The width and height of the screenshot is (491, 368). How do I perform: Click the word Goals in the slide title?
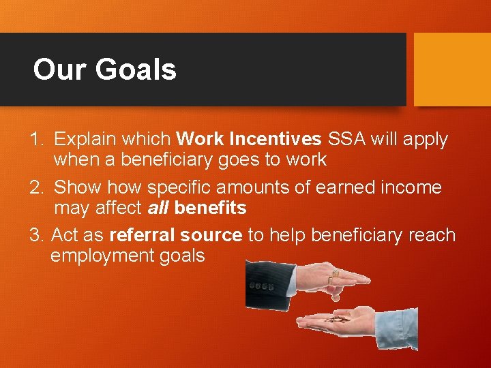pos(136,70)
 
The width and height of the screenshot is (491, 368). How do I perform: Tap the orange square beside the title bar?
pos(452,70)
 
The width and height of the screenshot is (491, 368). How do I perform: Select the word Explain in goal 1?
pos(85,140)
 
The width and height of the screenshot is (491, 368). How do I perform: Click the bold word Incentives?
pos(276,140)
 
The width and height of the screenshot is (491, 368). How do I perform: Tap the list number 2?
pos(37,187)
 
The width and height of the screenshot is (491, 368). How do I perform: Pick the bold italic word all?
pos(158,208)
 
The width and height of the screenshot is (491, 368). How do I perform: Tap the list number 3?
pos(37,235)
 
